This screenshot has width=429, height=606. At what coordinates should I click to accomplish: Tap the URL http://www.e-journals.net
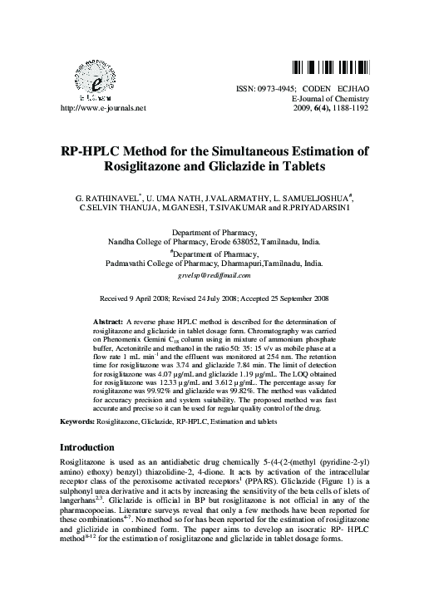(x=98, y=108)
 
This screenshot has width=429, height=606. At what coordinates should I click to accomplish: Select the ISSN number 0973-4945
(x=274, y=87)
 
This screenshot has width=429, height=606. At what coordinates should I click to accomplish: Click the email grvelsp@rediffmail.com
(x=214, y=274)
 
